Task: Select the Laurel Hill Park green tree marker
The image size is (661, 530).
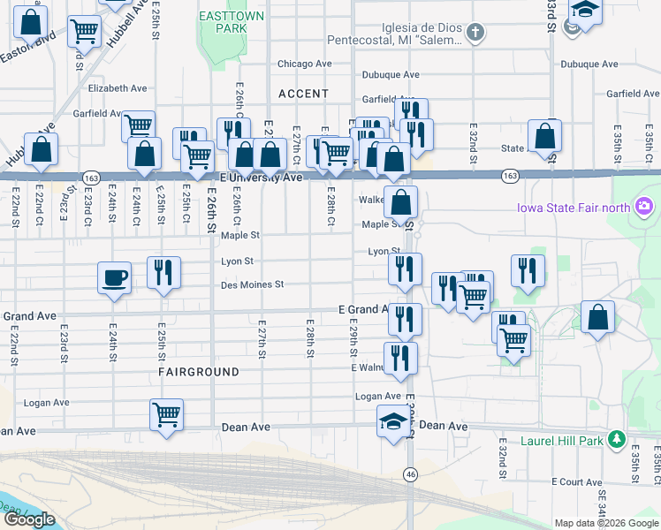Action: (x=617, y=439)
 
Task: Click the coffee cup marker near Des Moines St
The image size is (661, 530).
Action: (x=114, y=277)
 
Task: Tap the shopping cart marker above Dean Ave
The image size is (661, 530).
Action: (x=166, y=413)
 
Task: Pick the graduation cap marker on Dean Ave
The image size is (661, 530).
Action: (x=394, y=422)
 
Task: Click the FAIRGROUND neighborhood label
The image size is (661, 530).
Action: (x=199, y=372)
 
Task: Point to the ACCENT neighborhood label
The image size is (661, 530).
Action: (x=303, y=94)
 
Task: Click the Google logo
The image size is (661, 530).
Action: (x=29, y=519)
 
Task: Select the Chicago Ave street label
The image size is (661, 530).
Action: (x=304, y=64)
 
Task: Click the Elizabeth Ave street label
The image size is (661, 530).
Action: (x=118, y=88)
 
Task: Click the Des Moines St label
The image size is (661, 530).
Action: (x=252, y=284)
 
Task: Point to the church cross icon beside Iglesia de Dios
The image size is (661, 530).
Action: (x=476, y=34)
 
